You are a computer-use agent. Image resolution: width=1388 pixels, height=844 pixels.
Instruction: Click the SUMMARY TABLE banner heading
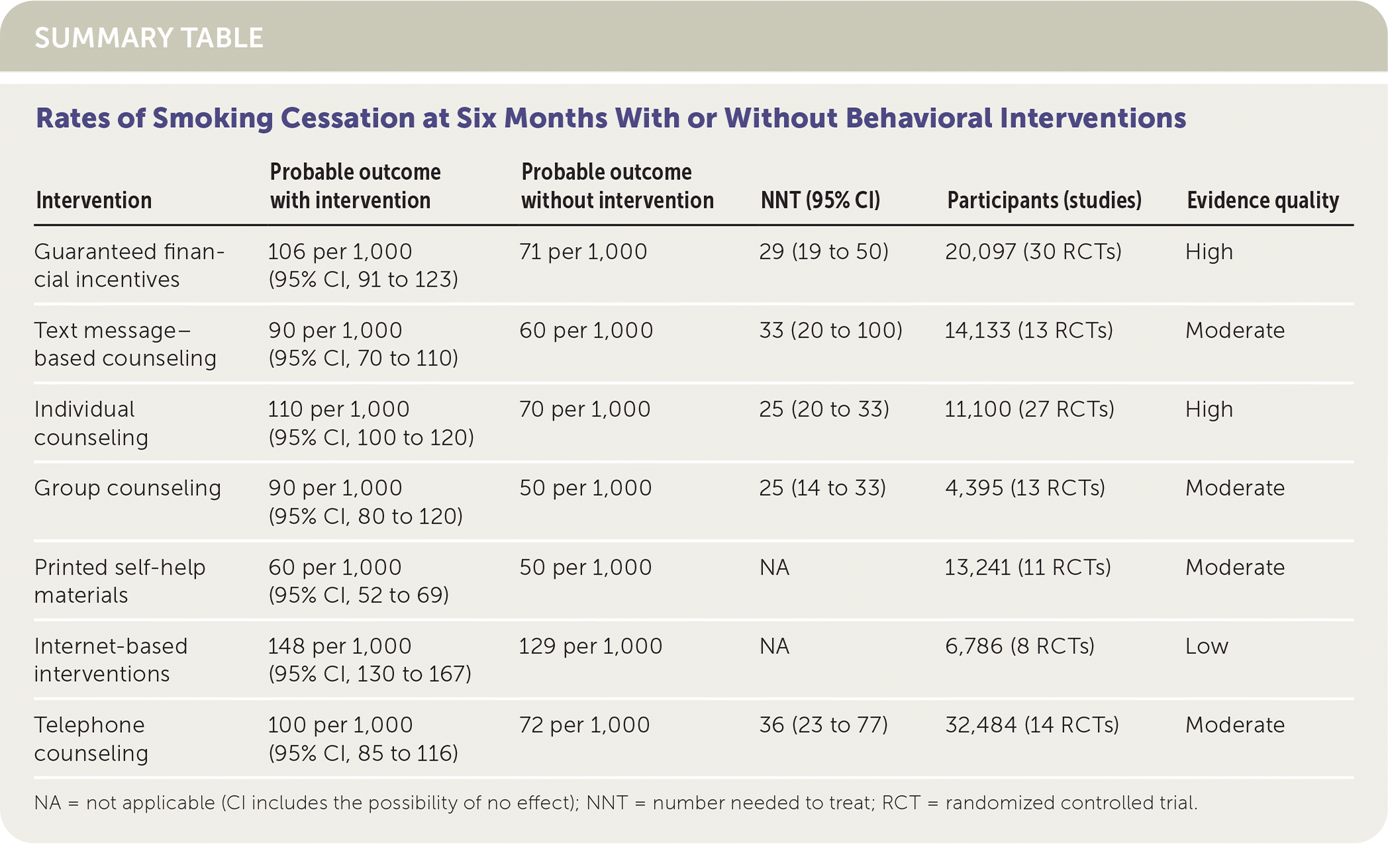coord(149,38)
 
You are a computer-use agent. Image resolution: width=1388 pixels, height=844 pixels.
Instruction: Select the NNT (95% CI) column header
coord(820,200)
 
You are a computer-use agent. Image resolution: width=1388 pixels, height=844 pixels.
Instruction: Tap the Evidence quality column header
coord(1262,200)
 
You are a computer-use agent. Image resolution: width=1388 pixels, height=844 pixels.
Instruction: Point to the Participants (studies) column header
coord(1044,200)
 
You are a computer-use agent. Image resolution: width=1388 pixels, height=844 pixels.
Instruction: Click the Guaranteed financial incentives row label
coord(129,265)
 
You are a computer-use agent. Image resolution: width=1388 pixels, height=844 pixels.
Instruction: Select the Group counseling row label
coord(127,489)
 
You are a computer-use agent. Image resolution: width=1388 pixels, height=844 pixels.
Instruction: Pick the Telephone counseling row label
coord(90,739)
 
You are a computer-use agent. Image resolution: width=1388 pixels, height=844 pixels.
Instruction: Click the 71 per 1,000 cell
coord(583,252)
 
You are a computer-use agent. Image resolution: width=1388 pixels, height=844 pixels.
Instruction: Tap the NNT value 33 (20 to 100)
coord(830,330)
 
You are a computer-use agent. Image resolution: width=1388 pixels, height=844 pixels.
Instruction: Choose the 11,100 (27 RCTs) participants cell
coord(1029,410)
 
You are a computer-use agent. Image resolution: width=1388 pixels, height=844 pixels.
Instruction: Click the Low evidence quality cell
coord(1207,647)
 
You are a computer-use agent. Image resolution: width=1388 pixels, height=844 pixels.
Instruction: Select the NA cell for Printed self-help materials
coord(774,568)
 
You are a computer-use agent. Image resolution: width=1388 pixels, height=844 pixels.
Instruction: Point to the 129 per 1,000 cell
coord(590,647)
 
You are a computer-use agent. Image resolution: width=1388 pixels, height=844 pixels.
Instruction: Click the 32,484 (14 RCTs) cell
coord(1032,726)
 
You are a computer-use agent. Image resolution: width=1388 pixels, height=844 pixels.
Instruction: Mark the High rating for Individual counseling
coord(1209,410)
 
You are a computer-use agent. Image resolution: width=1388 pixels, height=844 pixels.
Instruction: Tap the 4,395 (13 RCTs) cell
coord(1024,489)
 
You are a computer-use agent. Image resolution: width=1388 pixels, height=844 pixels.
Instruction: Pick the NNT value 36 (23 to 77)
coord(823,726)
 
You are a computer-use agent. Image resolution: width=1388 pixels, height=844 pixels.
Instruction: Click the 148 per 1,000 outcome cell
coord(339,647)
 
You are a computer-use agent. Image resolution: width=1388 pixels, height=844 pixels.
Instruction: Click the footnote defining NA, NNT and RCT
coord(615,804)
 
